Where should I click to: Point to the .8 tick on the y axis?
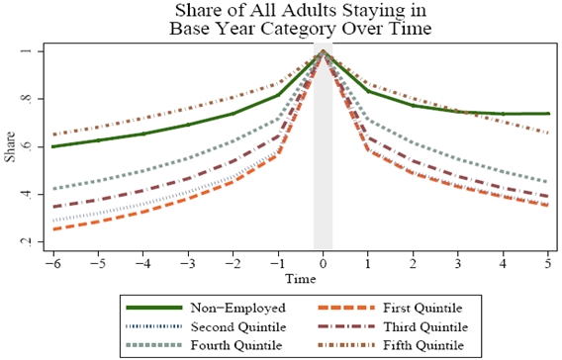[31, 99]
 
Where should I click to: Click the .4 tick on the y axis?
[31, 194]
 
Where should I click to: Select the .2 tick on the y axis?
[31, 241]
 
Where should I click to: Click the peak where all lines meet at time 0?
[323, 52]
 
